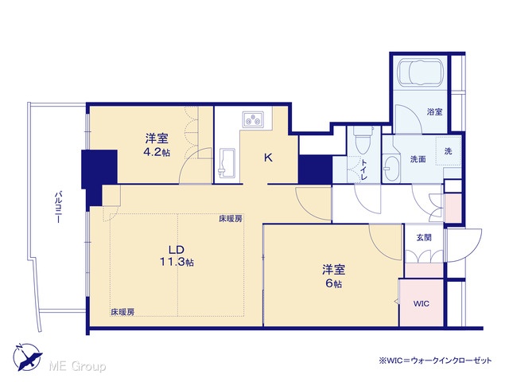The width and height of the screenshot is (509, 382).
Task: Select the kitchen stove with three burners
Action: tap(253, 119)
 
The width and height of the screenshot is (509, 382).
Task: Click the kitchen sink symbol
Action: tap(227, 163)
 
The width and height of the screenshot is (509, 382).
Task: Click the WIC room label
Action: tap(422, 304)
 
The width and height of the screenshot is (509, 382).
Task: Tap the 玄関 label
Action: tap(424, 238)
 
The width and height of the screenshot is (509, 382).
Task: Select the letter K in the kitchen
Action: tap(268, 158)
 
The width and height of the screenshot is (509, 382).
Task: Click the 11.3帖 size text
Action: tap(177, 262)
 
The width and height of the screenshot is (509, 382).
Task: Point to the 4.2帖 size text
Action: tap(157, 152)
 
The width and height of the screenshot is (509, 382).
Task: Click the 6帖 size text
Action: tap(334, 283)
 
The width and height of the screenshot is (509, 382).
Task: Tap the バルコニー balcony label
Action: tap(58, 208)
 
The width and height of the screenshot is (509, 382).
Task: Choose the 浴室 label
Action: tap(435, 112)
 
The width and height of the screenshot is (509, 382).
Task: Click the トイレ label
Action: tap(364, 170)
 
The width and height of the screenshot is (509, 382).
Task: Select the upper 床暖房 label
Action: tap(230, 219)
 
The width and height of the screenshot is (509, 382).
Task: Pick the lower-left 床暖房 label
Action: tap(122, 312)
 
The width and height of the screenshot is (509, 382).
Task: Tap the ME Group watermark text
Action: tap(77, 367)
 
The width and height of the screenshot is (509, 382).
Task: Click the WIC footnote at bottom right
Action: tap(435, 361)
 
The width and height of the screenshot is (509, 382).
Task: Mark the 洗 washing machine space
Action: tap(448, 151)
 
